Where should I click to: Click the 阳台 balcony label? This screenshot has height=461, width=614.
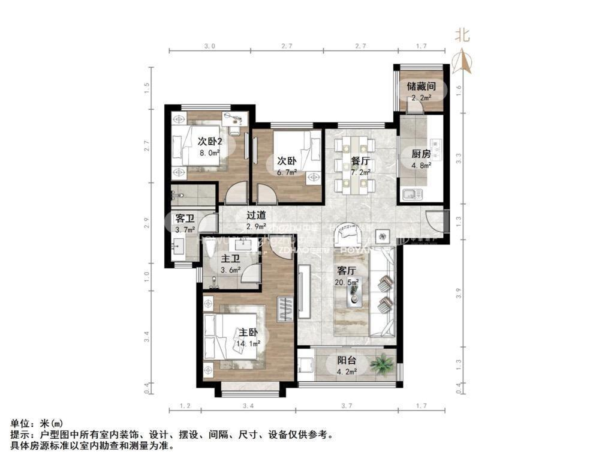coord(346,361)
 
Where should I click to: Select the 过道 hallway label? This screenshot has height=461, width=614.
coord(257,214)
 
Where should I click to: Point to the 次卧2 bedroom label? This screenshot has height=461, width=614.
coord(210,142)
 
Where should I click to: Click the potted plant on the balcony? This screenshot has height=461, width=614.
coord(382,363)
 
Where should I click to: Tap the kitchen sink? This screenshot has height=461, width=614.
coord(413,194)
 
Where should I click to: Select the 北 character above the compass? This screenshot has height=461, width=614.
coord(462,35)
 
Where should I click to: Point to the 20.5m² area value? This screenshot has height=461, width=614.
coord(346,282)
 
